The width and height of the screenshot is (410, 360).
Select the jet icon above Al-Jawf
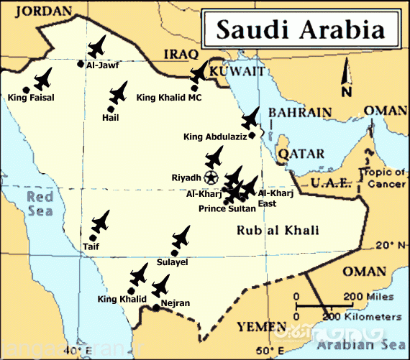click(96, 47)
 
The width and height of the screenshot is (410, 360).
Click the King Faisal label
click(32, 96)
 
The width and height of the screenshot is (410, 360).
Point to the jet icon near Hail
click(118, 92)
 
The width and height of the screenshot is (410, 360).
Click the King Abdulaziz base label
click(215, 137)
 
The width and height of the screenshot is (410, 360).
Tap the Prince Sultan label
click(227, 209)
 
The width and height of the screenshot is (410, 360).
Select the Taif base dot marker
click(94, 237)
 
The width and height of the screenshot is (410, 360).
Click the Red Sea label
click(35, 204)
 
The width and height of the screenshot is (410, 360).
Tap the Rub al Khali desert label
click(278, 230)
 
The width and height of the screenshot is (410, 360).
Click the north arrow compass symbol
click(347, 79)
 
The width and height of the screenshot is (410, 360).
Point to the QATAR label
click(296, 154)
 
